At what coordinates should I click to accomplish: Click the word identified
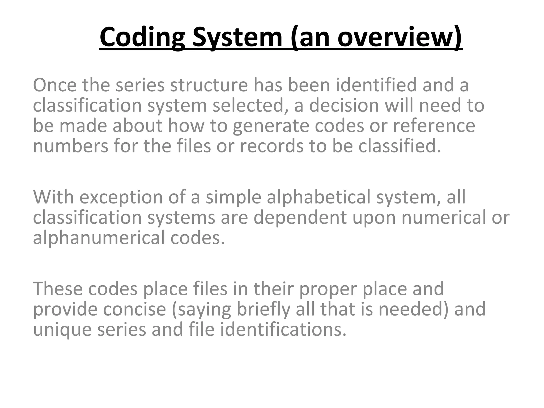[x=376, y=85]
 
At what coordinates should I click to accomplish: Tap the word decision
[x=344, y=105]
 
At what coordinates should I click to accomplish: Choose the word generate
[x=271, y=126]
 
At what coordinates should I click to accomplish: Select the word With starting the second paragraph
[x=53, y=197]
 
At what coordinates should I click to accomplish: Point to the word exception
[x=121, y=197]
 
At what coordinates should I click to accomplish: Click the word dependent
[x=300, y=218]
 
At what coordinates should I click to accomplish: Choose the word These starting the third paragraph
[x=58, y=289]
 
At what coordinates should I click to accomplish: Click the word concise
[x=134, y=309]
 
